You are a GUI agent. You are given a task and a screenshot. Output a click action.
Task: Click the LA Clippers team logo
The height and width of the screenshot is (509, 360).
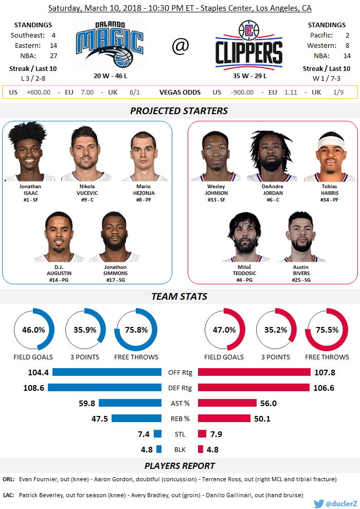[x=248, y=45]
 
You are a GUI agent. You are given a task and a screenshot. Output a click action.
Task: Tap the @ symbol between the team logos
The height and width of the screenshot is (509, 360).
[x=180, y=46]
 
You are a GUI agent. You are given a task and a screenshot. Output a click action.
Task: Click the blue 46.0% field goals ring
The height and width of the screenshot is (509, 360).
[x=33, y=330]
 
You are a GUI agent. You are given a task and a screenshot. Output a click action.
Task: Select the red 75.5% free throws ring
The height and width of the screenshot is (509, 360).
[x=327, y=330]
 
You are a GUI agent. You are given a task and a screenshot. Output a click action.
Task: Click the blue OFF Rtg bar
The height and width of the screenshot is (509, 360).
[x=107, y=372]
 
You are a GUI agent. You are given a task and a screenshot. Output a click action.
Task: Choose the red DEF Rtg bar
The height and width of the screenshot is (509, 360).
[x=254, y=388]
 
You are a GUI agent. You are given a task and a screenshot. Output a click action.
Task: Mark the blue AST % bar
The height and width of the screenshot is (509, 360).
[x=130, y=403]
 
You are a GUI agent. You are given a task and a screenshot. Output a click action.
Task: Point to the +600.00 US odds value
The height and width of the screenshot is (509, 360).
[x=38, y=92]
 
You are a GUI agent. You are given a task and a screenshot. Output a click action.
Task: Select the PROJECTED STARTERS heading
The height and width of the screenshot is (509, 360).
[x=179, y=111]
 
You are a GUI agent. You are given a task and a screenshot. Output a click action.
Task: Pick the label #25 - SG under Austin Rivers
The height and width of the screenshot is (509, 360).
[x=301, y=280]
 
